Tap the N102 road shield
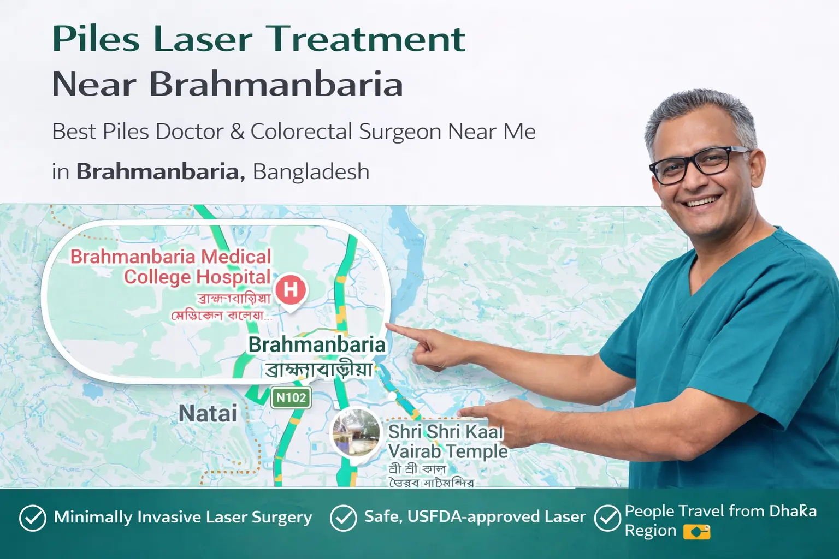pyautogui.click(x=291, y=397)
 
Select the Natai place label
pyautogui.click(x=208, y=414)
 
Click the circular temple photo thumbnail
pyautogui.click(x=356, y=433)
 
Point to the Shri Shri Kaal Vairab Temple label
pyautogui.click(x=447, y=441)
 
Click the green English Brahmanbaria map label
pyautogui.click(x=317, y=345)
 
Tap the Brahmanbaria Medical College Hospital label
pyautogui.click(x=171, y=266)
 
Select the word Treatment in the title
pyautogui.click(x=366, y=39)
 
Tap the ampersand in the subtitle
pyautogui.click(x=237, y=132)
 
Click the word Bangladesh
pyautogui.click(x=311, y=172)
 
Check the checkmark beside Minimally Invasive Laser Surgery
pyautogui.click(x=33, y=518)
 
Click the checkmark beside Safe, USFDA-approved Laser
pyautogui.click(x=344, y=518)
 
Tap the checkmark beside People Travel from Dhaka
pyautogui.click(x=607, y=518)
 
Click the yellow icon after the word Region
pyautogui.click(x=696, y=532)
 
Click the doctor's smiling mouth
pyautogui.click(x=703, y=201)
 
